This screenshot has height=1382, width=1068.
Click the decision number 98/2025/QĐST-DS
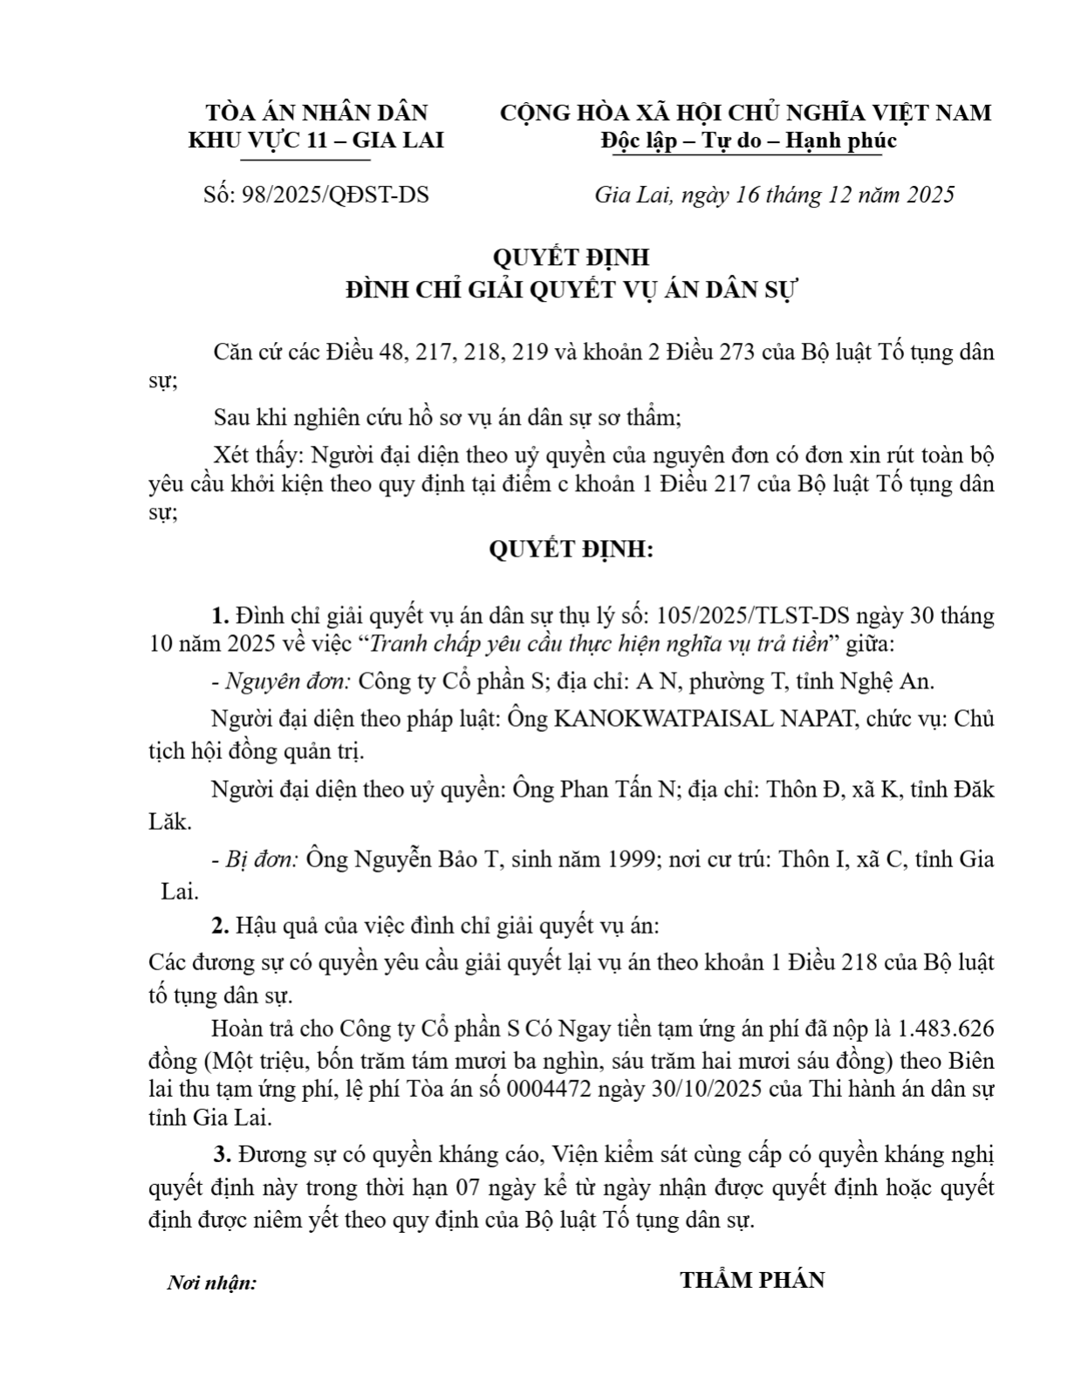coord(335,194)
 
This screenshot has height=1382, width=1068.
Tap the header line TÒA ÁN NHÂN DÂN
coord(316,113)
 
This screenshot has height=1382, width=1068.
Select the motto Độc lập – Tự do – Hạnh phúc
coord(749,140)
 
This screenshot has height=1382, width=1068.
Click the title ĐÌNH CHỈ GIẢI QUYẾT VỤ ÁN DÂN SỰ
coord(571,290)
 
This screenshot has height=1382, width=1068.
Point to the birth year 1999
coord(628,859)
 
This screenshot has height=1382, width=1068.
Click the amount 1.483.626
coord(946,1030)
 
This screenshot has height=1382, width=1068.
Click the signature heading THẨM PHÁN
coord(752,1280)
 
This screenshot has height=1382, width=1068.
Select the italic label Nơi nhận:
coord(212,1283)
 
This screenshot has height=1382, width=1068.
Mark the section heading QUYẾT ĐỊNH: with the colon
coord(571,550)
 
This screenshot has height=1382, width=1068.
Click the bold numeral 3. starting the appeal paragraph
coord(222,1155)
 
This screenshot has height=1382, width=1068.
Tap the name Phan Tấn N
coord(619,790)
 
